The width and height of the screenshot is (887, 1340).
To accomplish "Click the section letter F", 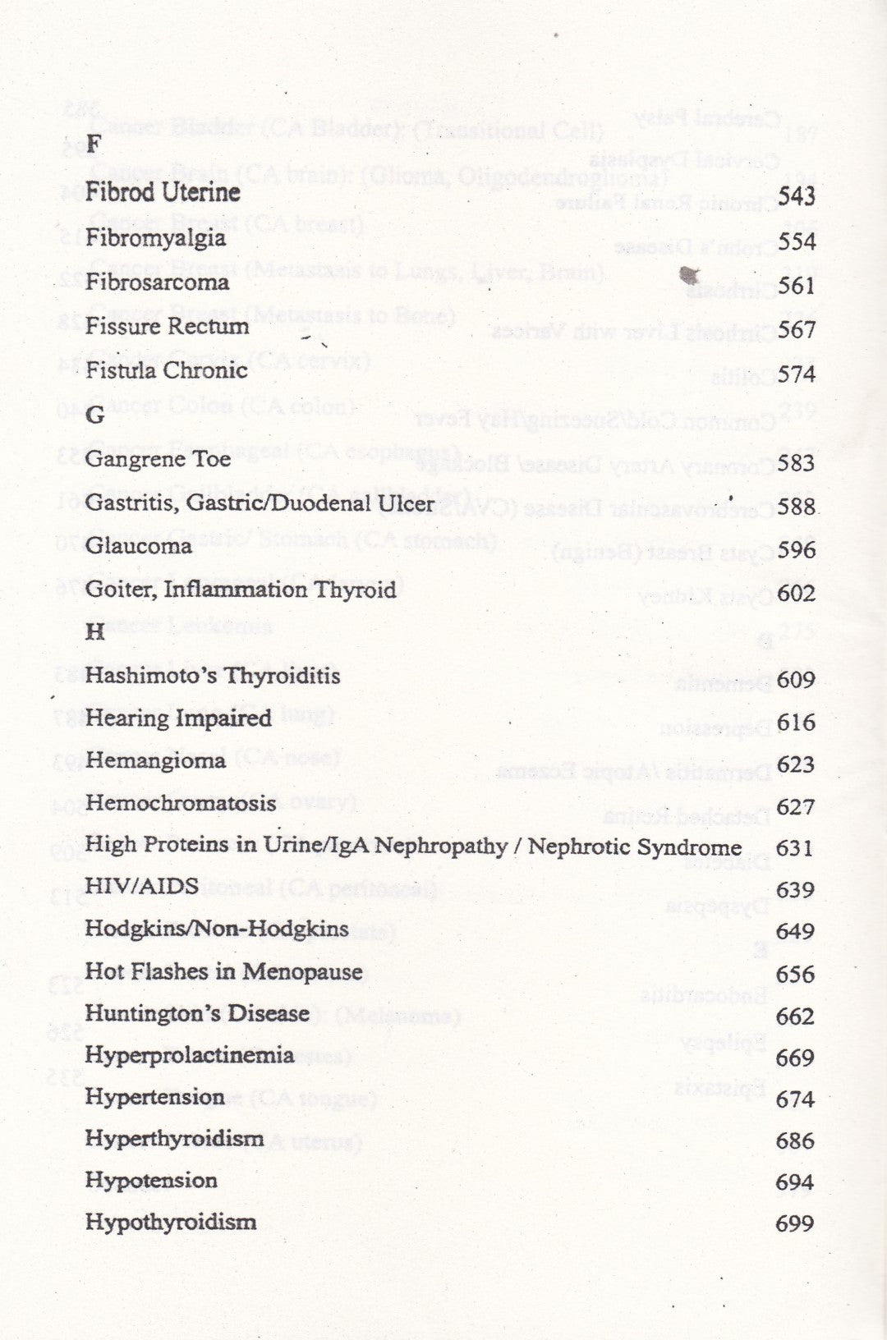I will pyautogui.click(x=93, y=145).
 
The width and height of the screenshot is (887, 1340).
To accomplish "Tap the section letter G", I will pyautogui.click(x=95, y=415).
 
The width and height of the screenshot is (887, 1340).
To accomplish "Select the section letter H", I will pyautogui.click(x=95, y=631).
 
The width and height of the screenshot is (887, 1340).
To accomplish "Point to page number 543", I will pyautogui.click(x=796, y=196).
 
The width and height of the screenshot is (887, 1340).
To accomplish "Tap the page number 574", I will pyautogui.click(x=797, y=374).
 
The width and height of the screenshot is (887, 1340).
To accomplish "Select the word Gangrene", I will pyautogui.click(x=124, y=460).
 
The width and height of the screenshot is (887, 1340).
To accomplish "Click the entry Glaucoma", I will pyautogui.click(x=138, y=546).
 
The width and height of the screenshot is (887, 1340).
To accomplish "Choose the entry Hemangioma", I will pyautogui.click(x=155, y=760).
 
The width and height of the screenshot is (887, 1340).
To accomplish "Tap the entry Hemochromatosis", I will pyautogui.click(x=181, y=803).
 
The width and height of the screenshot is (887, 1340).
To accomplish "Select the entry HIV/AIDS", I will pyautogui.click(x=141, y=886).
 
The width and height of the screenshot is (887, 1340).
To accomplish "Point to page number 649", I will pyautogui.click(x=795, y=931).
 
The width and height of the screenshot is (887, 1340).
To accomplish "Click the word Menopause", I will pyautogui.click(x=303, y=972).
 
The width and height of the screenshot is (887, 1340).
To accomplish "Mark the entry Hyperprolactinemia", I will pyautogui.click(x=190, y=1056).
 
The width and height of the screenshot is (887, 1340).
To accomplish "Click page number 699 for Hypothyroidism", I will pyautogui.click(x=794, y=1224).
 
